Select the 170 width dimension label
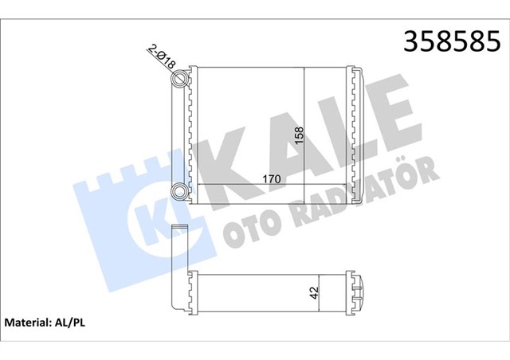(270, 178)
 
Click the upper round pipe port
(182, 79)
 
